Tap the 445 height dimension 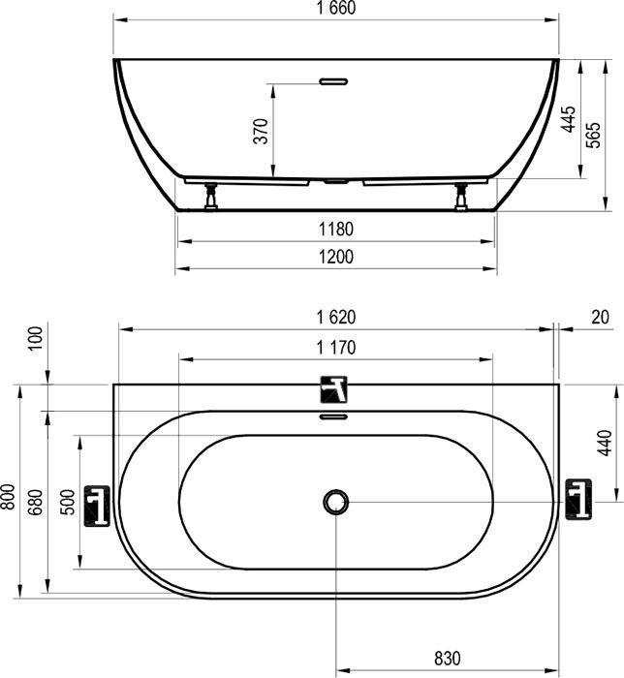570,119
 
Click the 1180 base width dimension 335,230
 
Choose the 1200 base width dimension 335,257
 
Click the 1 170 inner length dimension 335,348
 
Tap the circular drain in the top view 335,502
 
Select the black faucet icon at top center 335,391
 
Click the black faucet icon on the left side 98,504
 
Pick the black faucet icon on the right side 577,499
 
